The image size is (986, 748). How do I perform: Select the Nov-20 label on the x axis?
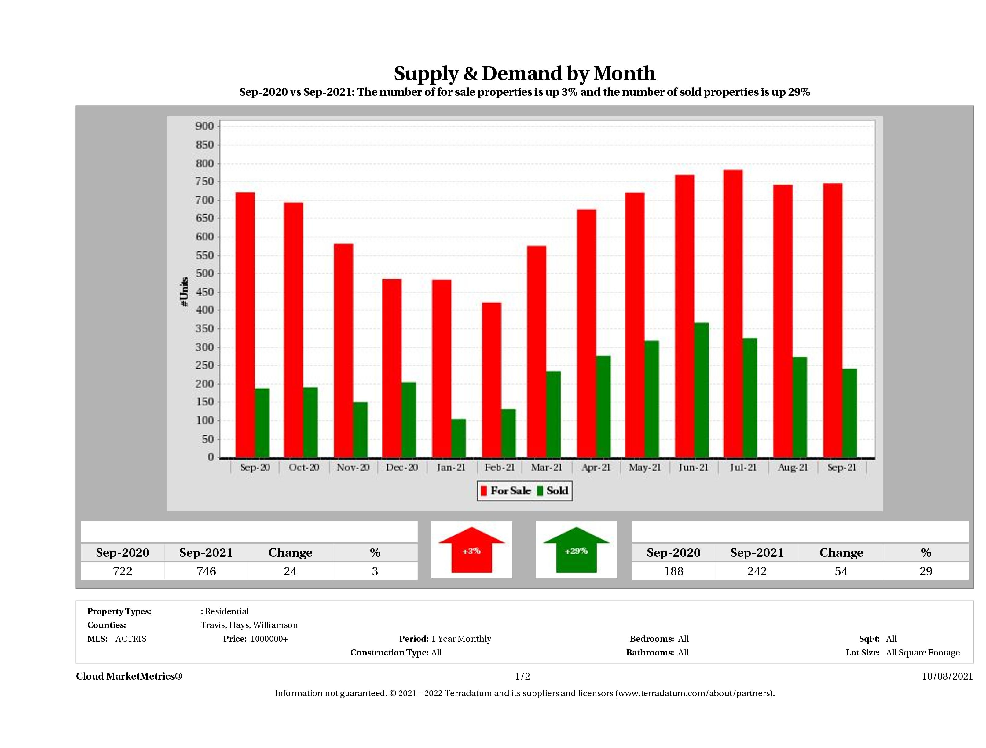tap(353, 467)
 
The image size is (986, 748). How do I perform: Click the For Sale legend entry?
tap(506, 491)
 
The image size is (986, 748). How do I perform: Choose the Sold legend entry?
tap(553, 491)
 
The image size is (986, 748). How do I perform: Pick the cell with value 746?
tap(206, 571)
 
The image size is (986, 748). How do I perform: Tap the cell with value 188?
tap(673, 571)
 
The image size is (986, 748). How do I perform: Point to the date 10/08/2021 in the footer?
tap(947, 676)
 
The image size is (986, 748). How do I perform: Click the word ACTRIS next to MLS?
tap(130, 639)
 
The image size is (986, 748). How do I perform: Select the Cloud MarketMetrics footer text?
tap(129, 676)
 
